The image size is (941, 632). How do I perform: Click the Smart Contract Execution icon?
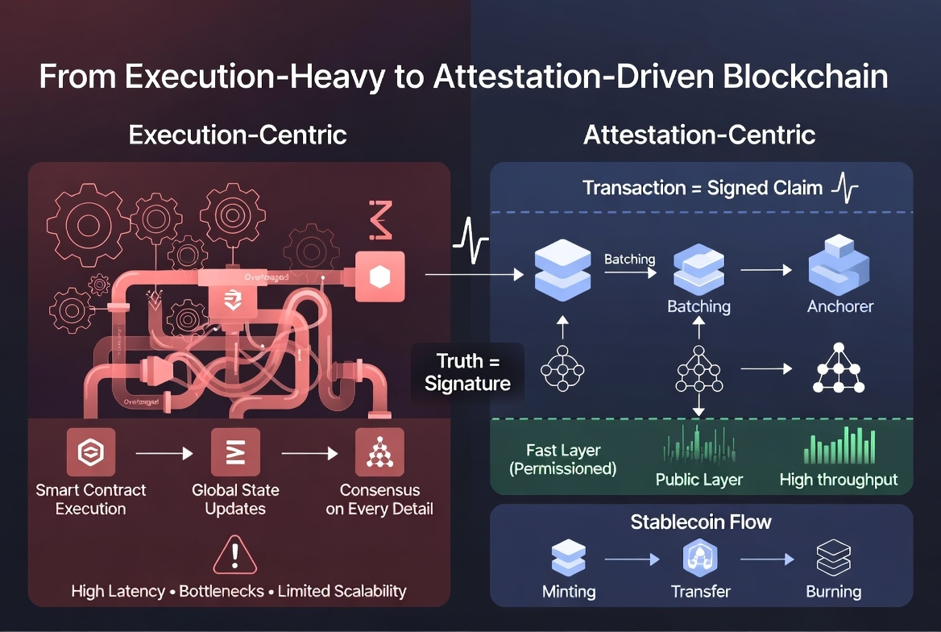click(90, 453)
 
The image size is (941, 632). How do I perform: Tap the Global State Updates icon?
click(235, 453)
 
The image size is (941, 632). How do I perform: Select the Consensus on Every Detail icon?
click(379, 453)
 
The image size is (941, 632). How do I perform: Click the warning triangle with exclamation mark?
click(235, 555)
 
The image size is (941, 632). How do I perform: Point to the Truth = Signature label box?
click(467, 372)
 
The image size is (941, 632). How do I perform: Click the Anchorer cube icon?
click(838, 266)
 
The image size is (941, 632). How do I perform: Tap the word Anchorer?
click(840, 306)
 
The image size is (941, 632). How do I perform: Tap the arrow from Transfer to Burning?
click(767, 558)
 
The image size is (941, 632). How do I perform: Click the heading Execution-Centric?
click(238, 134)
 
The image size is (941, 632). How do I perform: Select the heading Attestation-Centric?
click(699, 134)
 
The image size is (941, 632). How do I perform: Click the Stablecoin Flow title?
click(701, 522)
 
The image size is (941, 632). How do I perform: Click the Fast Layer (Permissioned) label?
click(563, 459)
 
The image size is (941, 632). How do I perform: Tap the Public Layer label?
click(698, 480)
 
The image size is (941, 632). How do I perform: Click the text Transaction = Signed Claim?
click(703, 188)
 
